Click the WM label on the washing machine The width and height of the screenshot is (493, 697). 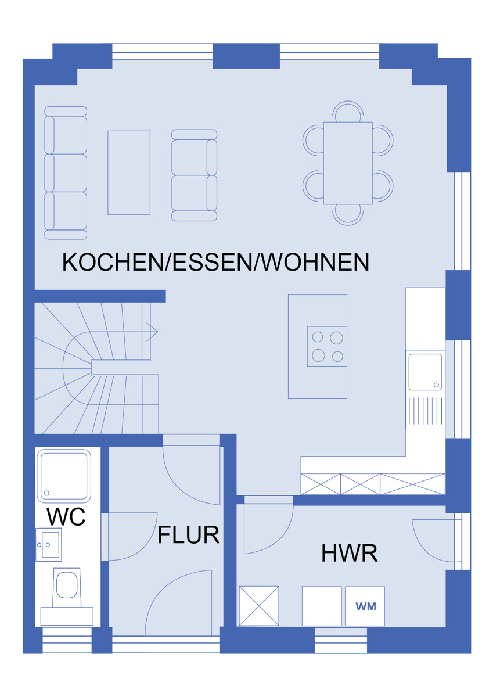pyautogui.click(x=365, y=606)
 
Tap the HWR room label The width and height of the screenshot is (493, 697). pyautogui.click(x=350, y=553)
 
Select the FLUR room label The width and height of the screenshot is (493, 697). pyautogui.click(x=189, y=535)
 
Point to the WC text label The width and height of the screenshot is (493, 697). pyautogui.click(x=66, y=516)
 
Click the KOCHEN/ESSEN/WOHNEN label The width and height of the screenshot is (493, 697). pyautogui.click(x=215, y=263)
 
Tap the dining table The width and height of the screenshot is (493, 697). pyautogui.click(x=348, y=163)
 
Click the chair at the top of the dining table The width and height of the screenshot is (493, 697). pyautogui.click(x=348, y=112)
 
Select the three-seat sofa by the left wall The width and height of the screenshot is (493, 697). pyautogui.click(x=66, y=173)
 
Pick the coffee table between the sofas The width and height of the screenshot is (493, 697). pyautogui.click(x=129, y=173)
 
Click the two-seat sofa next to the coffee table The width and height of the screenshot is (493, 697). pyautogui.click(x=194, y=175)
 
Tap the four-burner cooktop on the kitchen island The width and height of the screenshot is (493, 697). pyautogui.click(x=327, y=346)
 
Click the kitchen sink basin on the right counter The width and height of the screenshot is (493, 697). pyautogui.click(x=425, y=372)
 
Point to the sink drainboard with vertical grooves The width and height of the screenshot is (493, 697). pyautogui.click(x=425, y=411)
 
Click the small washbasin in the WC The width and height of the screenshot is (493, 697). pyautogui.click(x=49, y=545)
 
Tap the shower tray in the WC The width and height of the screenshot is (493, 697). pyautogui.click(x=64, y=475)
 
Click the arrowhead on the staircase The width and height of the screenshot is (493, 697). pyautogui.click(x=152, y=332)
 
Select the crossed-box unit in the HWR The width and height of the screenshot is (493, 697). pyautogui.click(x=259, y=606)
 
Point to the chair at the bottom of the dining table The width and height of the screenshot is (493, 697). pyautogui.click(x=348, y=215)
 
